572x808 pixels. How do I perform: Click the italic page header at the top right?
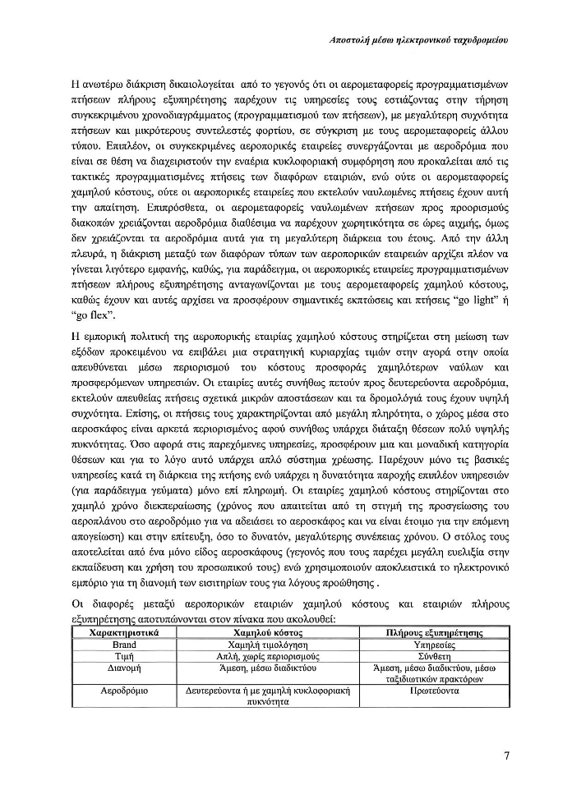416,39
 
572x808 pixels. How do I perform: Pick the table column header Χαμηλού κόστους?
268,634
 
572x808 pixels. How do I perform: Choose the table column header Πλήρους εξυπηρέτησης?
434,634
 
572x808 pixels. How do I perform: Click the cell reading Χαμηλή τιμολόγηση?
268,645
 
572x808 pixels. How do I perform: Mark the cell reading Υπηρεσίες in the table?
434,645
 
